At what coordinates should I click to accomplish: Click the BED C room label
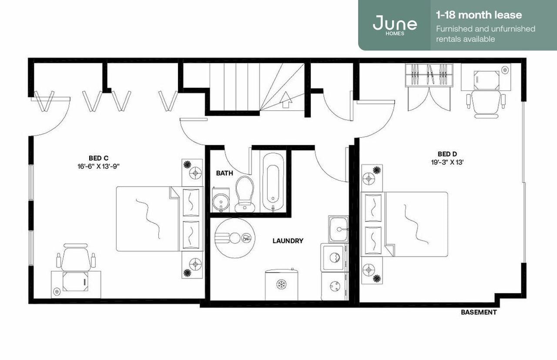(x=98, y=158)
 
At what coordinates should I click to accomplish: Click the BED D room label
(x=447, y=154)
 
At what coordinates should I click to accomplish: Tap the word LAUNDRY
(x=288, y=240)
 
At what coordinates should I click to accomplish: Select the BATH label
(x=225, y=173)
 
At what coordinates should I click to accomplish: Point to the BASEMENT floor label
(x=479, y=312)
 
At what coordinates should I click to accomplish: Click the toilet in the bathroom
(x=244, y=193)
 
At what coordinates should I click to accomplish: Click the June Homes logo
(x=395, y=24)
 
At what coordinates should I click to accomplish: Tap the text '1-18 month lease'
(x=479, y=15)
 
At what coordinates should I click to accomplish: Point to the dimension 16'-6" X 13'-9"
(x=98, y=166)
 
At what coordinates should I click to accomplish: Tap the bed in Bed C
(x=148, y=219)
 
